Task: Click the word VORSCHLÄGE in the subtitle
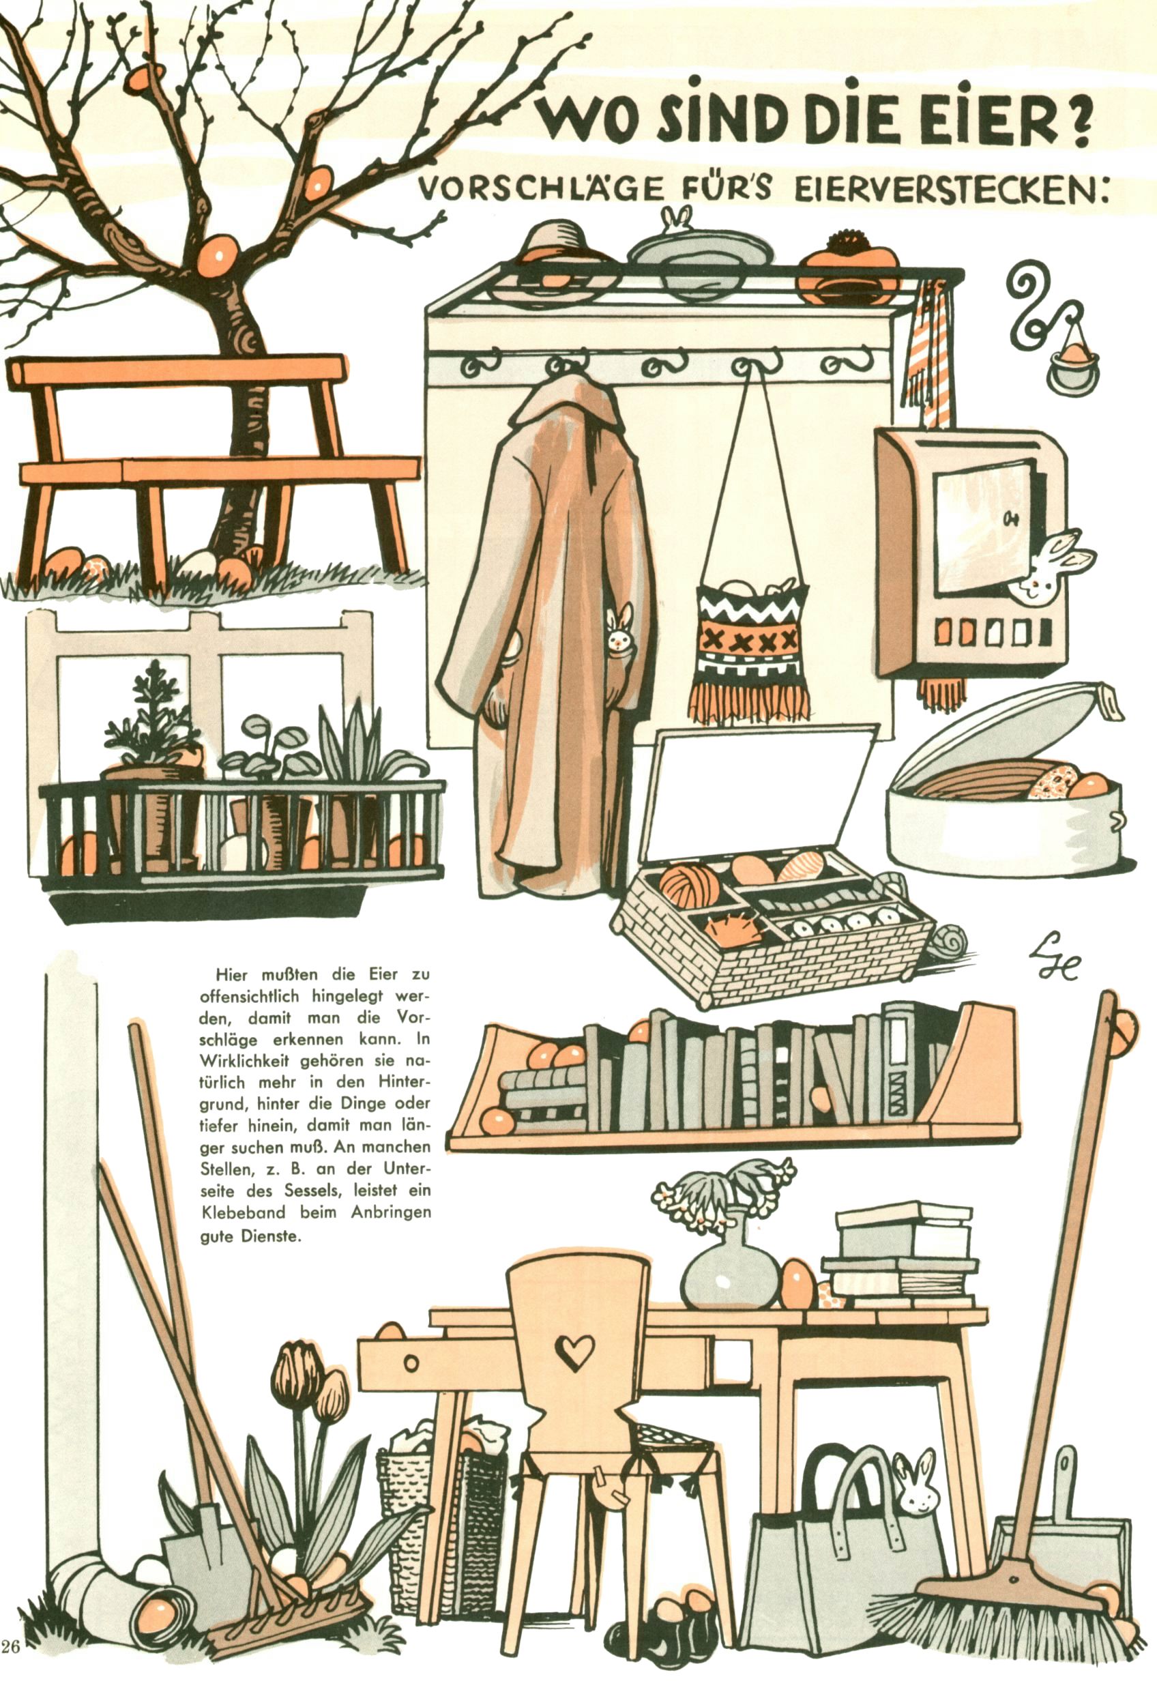point(539,188)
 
